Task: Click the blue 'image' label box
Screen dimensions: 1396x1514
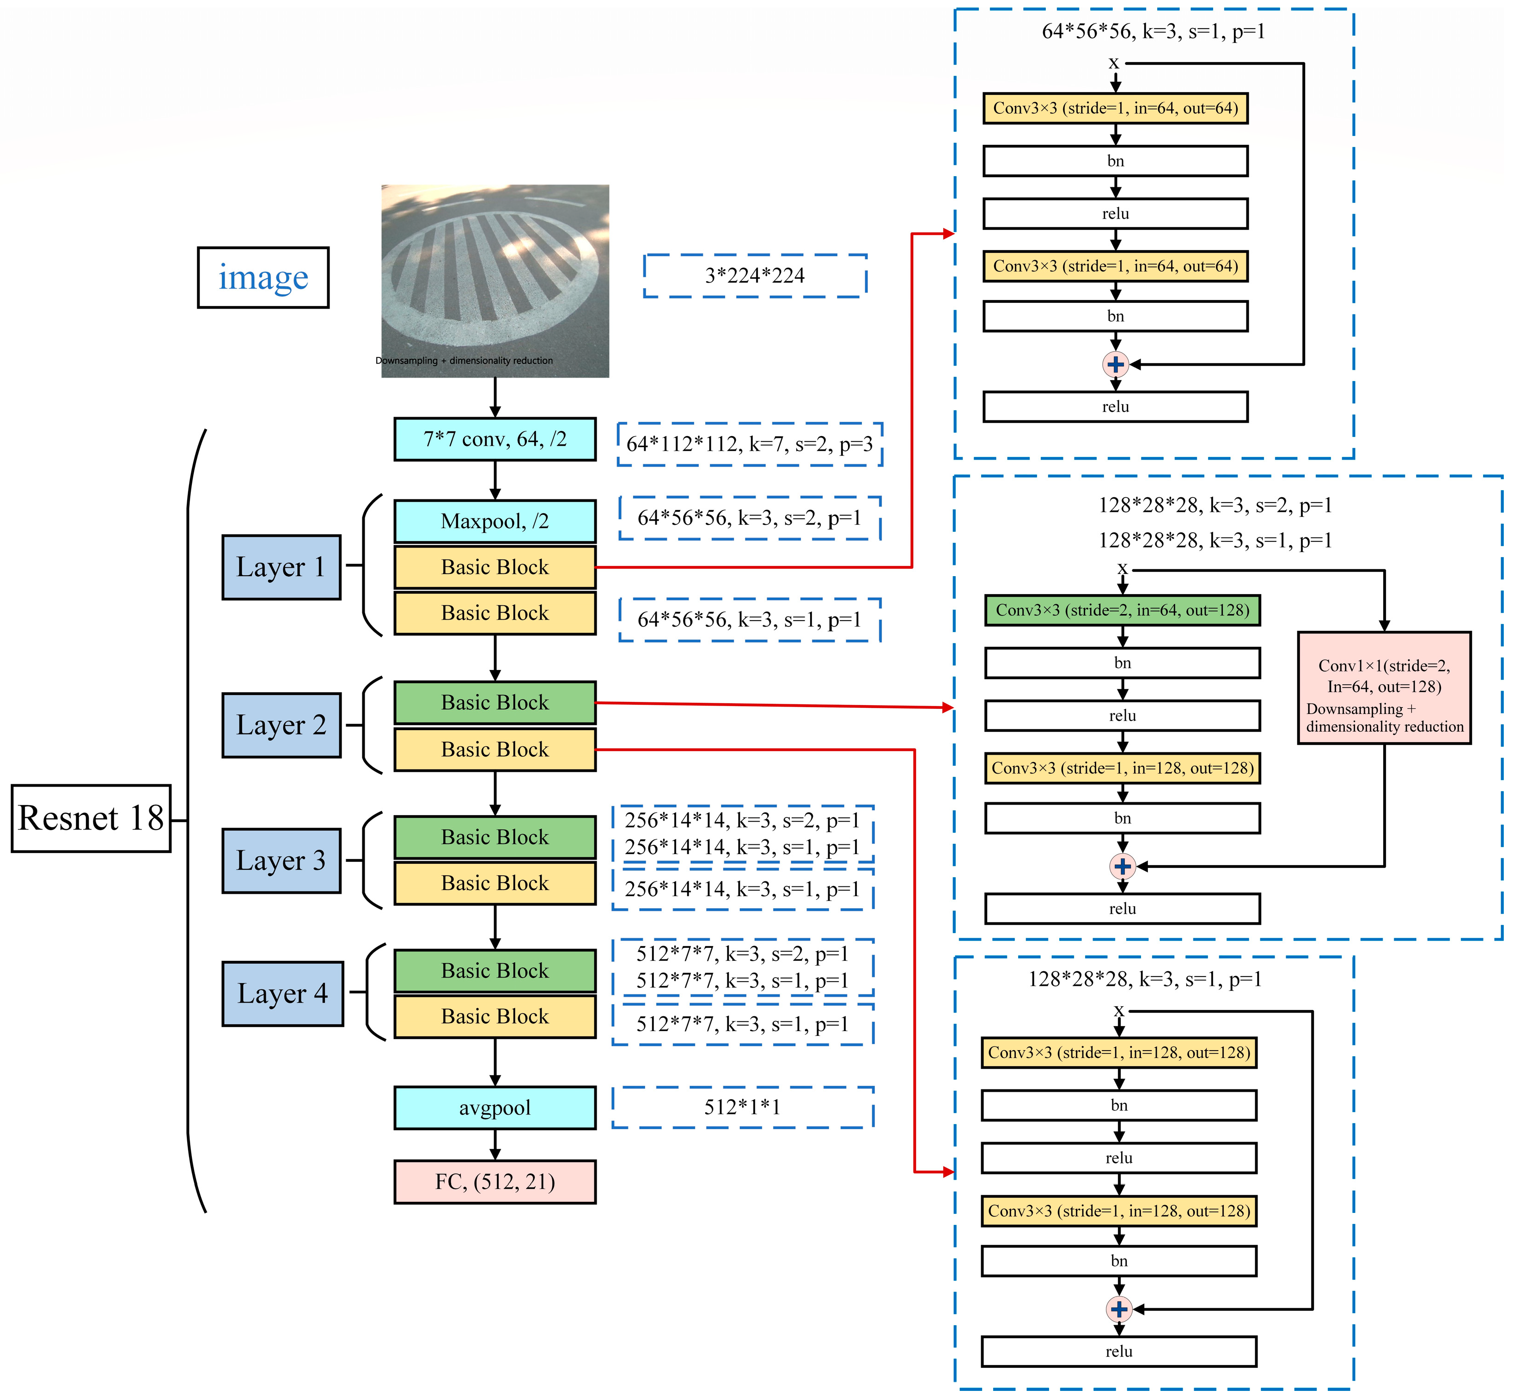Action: tap(263, 277)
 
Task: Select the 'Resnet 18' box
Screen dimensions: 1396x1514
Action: tap(91, 818)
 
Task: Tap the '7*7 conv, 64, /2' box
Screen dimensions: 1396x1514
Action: tap(494, 439)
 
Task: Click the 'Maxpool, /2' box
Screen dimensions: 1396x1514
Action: tap(494, 521)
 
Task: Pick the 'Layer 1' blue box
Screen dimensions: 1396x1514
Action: tap(281, 567)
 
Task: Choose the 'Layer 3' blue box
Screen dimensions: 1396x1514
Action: tap(281, 861)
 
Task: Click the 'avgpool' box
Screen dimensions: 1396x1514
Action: tap(494, 1107)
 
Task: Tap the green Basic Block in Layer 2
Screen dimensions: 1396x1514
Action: tap(494, 702)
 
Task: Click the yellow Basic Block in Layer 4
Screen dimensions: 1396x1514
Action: tap(494, 1016)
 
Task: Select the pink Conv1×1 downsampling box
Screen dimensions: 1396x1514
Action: tap(1384, 688)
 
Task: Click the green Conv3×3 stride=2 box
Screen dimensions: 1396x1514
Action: tap(1122, 609)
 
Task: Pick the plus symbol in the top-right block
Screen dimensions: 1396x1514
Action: tap(1115, 364)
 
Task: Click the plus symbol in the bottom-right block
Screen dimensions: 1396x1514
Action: tap(1119, 1309)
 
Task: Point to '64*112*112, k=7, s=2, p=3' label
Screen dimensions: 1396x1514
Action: tap(749, 444)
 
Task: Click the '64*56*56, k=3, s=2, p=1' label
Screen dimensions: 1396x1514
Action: tap(749, 518)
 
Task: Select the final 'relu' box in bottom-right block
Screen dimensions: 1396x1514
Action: tap(1119, 1352)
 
